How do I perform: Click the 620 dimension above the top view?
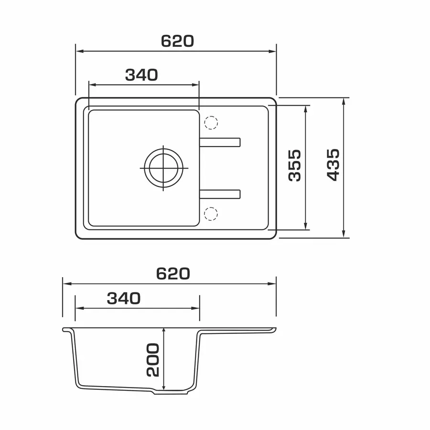pos(177,41)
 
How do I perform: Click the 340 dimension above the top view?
pos(141,75)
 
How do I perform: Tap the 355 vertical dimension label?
pos(295,165)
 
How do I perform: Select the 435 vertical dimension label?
pos(333,165)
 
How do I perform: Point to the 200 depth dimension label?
pos(153,359)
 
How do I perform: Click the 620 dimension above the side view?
pos(173,273)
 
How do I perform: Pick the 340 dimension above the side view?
pos(124,298)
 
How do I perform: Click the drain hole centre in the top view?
pos(163,168)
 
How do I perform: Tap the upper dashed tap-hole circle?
pos(211,123)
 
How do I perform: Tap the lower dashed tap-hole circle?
pos(211,214)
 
